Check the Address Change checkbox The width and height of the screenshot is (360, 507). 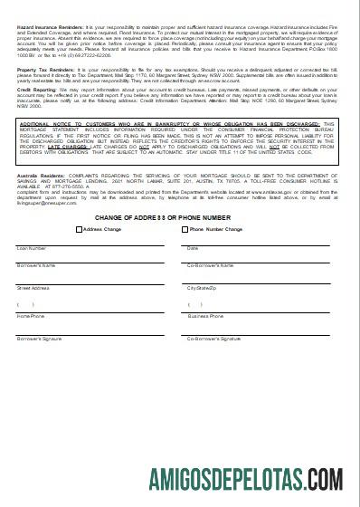click(80, 229)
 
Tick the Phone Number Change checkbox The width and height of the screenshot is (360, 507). click(184, 229)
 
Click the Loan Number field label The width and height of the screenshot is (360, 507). click(32, 247)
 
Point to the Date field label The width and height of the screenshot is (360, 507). click(192, 247)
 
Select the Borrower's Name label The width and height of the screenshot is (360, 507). click(36, 265)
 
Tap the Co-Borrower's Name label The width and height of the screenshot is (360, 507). click(210, 265)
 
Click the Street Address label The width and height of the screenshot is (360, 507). click(33, 287)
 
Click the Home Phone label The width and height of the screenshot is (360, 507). click(30, 317)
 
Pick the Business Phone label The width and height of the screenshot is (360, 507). click(205, 317)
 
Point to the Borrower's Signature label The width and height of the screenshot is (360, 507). click(40, 338)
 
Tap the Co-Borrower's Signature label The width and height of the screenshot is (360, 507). click(213, 338)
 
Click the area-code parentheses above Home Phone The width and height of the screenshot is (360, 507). click(25, 304)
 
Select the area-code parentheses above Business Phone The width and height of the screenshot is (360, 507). click(195, 304)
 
